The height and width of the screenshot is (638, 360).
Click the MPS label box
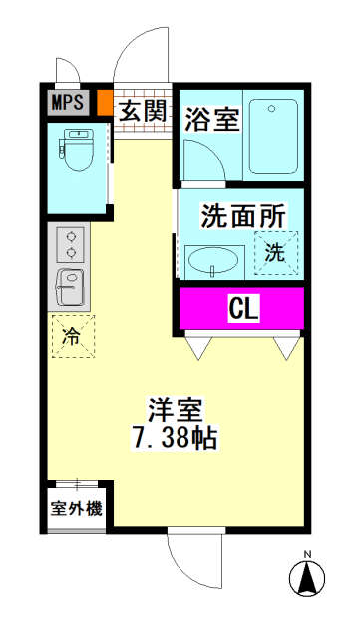pos(69,102)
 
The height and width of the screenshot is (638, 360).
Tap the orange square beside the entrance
pos(105,102)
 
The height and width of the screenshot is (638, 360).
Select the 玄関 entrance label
pos(143,111)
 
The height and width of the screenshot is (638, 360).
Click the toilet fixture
pos(77,150)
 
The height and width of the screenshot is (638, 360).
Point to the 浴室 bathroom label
pos(210,119)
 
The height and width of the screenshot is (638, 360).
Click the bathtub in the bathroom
pos(273,137)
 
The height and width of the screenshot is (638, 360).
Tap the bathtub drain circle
pos(272,109)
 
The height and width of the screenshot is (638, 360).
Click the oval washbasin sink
pos(214,261)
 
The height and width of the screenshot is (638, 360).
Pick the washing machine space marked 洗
pos(275,253)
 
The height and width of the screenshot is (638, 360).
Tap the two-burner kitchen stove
pos(71,245)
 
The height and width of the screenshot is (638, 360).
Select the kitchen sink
pos(70,287)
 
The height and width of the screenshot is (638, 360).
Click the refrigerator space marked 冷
pos(73,336)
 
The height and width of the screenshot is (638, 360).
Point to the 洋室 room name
pos(176,410)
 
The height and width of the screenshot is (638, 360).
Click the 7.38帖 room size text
pos(174,437)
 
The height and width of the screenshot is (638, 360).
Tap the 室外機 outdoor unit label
pos(76,508)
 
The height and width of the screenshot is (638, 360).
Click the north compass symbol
pos(307,577)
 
